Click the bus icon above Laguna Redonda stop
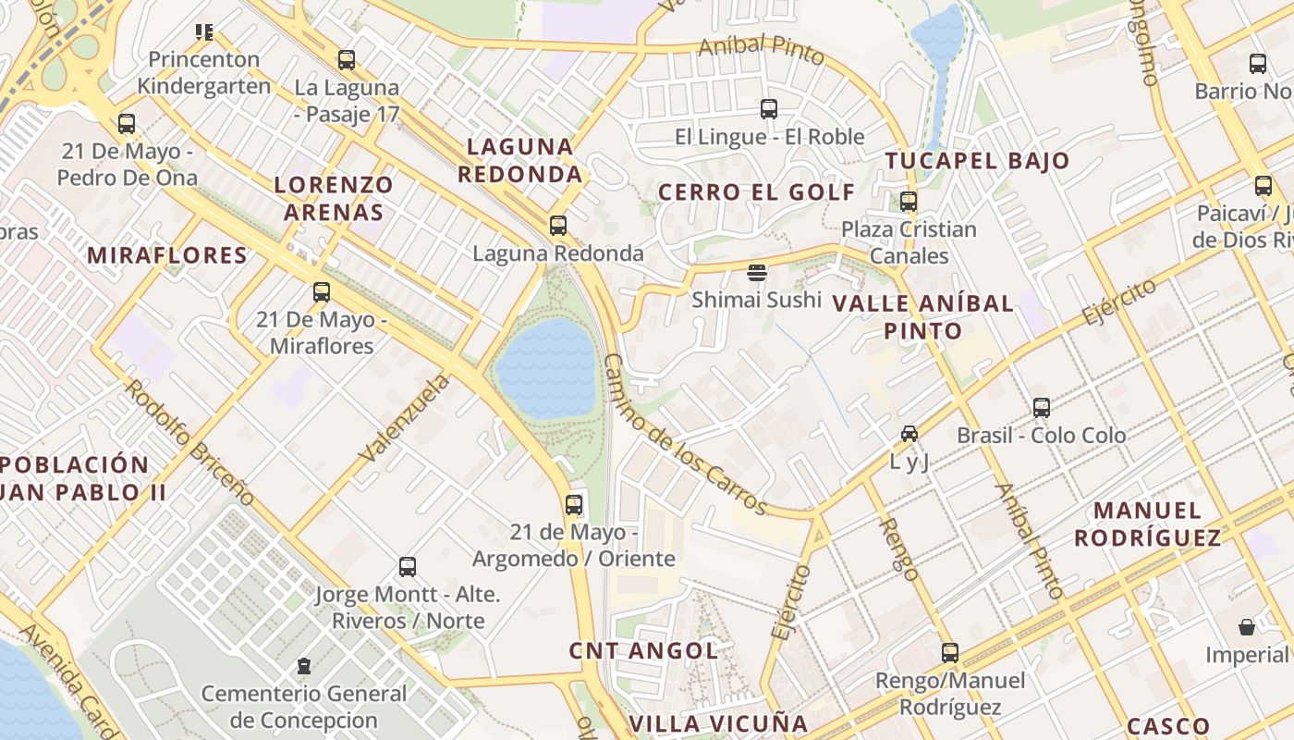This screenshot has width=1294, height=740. click(557, 225)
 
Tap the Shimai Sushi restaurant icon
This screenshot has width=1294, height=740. click(757, 272)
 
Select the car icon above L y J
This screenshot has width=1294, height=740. click(909, 433)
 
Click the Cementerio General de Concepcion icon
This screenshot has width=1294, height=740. click(303, 665)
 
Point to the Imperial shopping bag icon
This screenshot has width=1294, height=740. click(1247, 627)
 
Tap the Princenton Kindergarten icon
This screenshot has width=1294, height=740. click(204, 32)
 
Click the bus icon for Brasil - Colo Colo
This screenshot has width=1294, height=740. click(1042, 407)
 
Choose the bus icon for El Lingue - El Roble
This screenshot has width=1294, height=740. click(769, 109)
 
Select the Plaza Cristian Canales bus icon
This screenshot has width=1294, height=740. click(909, 201)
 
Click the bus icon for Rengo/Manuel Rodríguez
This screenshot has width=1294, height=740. click(950, 652)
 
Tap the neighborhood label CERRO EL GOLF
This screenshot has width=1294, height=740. click(757, 192)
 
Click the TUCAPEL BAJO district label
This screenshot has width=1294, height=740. click(977, 161)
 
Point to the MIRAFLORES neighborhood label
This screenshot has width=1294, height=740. click(167, 255)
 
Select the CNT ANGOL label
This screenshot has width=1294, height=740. click(643, 650)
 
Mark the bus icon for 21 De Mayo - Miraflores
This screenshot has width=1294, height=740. click(322, 292)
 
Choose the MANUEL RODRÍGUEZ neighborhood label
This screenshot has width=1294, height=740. click(1160, 524)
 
